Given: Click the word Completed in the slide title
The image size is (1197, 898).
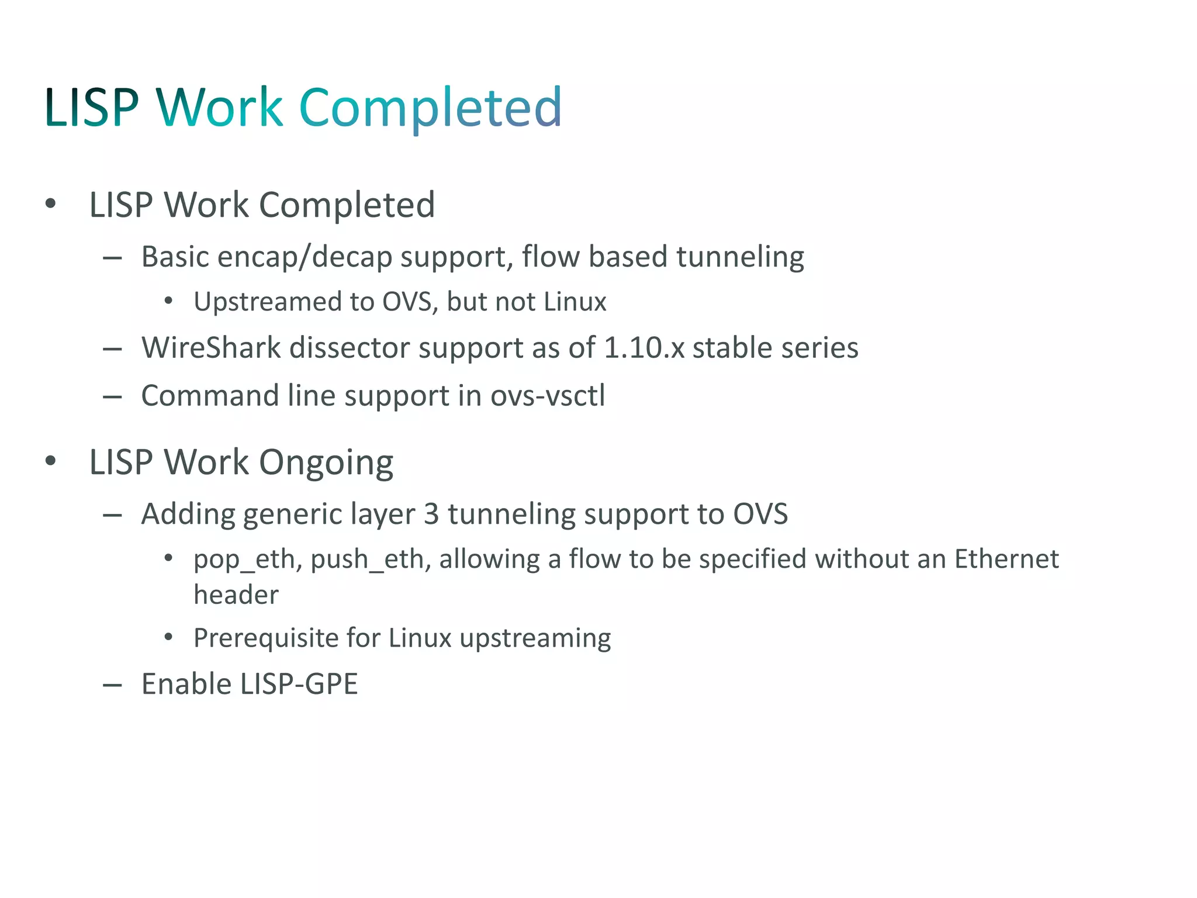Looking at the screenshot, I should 430,108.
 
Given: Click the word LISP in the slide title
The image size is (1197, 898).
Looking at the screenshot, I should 91,108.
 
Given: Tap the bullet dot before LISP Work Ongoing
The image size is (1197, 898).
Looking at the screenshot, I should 51,461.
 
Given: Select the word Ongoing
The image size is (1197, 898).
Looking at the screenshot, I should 326,463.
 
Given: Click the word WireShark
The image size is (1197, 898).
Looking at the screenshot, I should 211,348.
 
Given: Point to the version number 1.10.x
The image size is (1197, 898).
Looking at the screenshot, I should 644,348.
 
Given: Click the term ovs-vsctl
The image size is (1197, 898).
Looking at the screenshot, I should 548,396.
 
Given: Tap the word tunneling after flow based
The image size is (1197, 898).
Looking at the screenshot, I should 740,257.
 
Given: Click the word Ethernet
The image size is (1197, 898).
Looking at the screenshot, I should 1006,559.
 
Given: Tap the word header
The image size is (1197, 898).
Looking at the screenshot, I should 236,595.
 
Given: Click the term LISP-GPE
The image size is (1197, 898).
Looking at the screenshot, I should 299,684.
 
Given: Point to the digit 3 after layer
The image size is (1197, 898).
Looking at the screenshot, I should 431,514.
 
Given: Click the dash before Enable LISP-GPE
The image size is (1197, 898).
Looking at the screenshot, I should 112,685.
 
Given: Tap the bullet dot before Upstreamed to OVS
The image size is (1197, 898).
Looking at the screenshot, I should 168,301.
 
